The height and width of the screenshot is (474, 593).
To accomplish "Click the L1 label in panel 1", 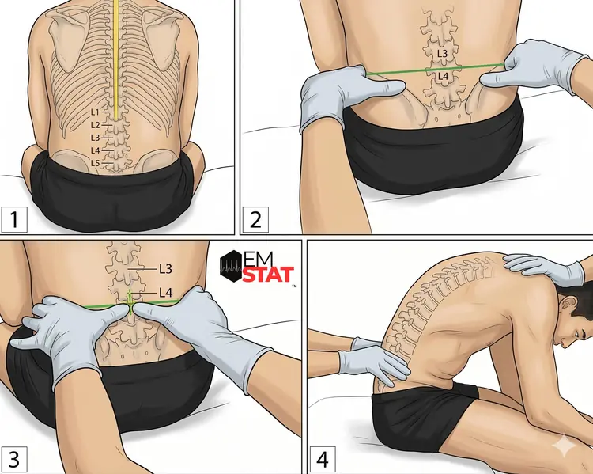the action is coord(95,112).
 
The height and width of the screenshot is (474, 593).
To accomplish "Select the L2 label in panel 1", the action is coord(95,125).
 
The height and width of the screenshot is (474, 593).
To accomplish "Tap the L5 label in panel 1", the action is coord(95,163).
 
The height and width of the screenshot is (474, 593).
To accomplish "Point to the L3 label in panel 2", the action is coord(442,53).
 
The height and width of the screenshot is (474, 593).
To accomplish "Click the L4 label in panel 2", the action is coord(443,77).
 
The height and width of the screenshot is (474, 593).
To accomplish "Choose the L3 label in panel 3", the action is coord(166,269).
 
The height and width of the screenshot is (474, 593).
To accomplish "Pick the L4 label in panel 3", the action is coord(166,292).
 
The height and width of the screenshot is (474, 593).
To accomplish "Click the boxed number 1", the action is coord(14,219).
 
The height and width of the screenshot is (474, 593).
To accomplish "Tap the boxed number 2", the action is coord(255,219).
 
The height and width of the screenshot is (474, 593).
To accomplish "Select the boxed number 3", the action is coord(14,460).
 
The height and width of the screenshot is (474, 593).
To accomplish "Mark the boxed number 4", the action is coord(323,460).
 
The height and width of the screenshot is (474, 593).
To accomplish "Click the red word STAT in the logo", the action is coord(268,275).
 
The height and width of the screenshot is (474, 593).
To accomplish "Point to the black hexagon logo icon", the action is coord(229,266).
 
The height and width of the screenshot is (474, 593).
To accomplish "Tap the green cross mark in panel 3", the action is coord(130,303).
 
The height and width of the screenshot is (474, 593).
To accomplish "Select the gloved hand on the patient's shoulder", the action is coord(545,267).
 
